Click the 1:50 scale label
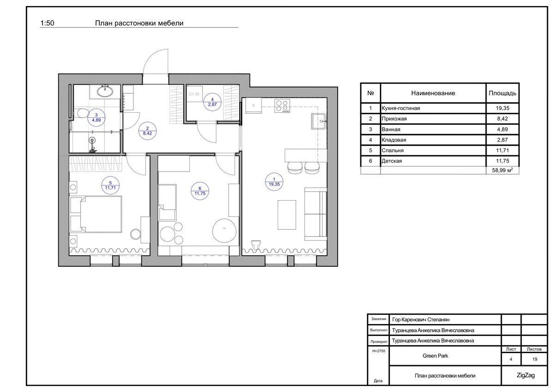pos(47,23)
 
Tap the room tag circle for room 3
pos(96,118)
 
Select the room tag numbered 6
pos(200,191)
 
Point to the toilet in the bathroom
pos(81,113)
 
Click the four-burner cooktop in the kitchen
pos(282,106)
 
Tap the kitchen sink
pos(319,122)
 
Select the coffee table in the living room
pos(287,215)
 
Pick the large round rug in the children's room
pos(225,231)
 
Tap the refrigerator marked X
pos(253,105)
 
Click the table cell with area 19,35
pos(502,108)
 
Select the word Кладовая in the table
pos(394,140)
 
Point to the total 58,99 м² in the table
pos(502,171)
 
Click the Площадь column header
pos(502,93)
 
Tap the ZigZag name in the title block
pos(526,375)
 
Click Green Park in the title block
pos(435,356)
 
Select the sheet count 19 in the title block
pos(535,359)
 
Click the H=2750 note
pos(378,351)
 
